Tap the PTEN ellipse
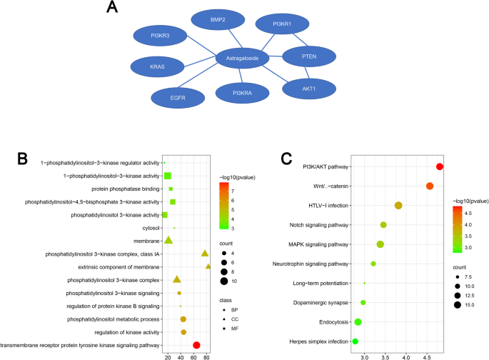tap(309, 56)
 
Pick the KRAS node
tap(157, 66)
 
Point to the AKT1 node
tap(309, 87)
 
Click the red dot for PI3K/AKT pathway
tap(440, 166)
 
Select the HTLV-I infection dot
tap(398, 206)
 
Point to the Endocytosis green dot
tap(358, 322)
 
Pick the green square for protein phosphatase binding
tap(171, 189)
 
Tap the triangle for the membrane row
tap(168, 240)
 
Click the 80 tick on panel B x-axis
tap(207, 355)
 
